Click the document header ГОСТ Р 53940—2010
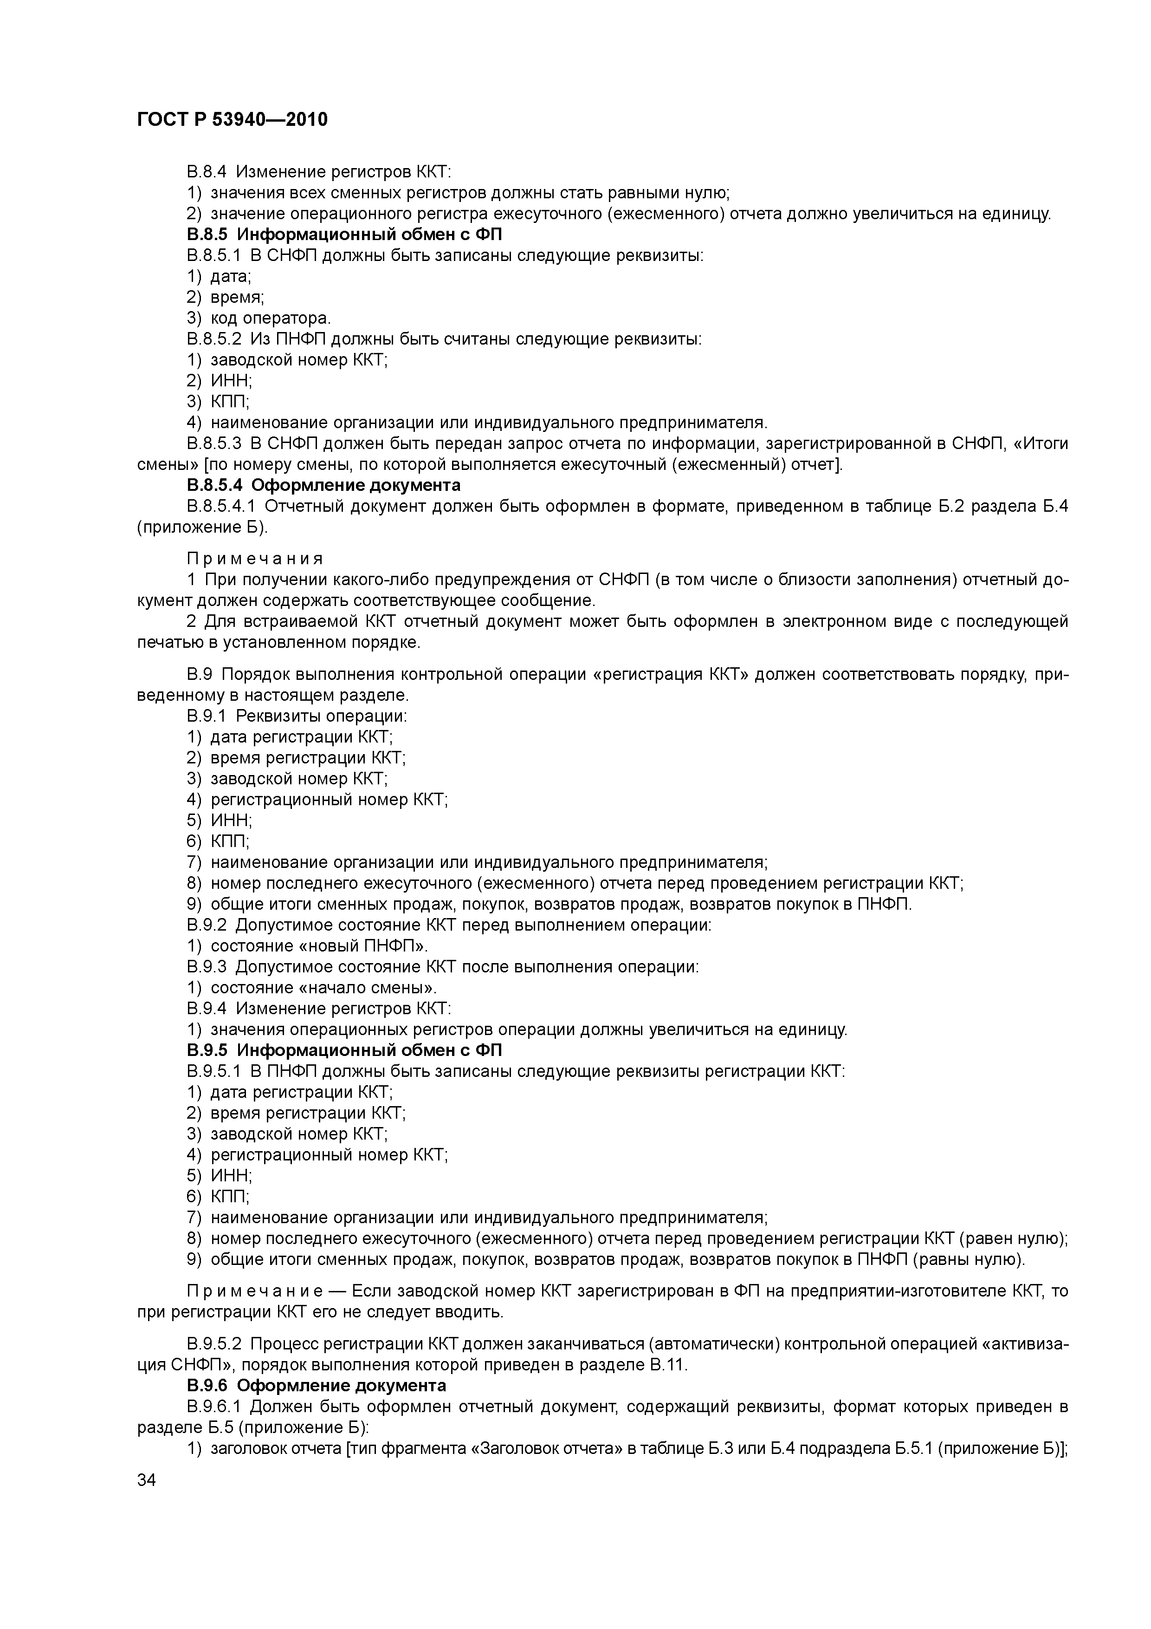[232, 120]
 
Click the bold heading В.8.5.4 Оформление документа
[323, 485]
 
